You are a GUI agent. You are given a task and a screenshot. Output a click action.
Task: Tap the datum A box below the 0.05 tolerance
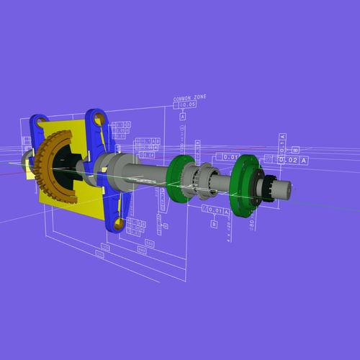(x=183, y=116)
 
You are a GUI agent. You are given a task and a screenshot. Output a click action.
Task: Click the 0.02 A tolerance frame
(x=293, y=160)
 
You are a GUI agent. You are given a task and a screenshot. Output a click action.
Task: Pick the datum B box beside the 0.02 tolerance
(x=294, y=150)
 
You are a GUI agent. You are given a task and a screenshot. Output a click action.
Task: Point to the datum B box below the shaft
(x=214, y=224)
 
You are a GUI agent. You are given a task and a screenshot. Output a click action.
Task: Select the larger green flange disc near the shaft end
(x=248, y=185)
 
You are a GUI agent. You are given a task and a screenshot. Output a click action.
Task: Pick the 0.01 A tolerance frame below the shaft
(x=216, y=212)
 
